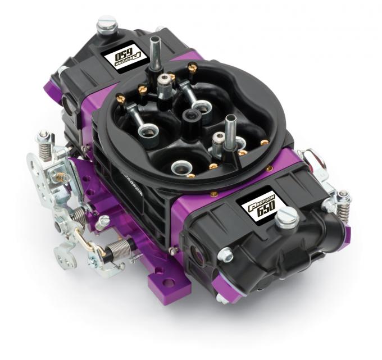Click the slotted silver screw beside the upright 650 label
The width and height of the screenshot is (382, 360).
[x=287, y=216]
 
